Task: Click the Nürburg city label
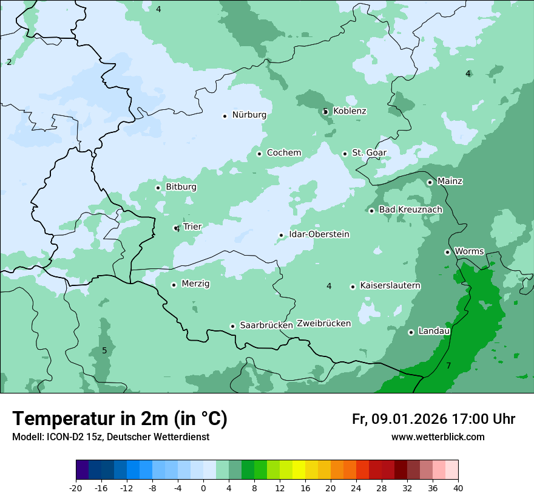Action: [x=249, y=115]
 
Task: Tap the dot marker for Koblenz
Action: [x=326, y=111]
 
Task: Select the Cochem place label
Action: [x=283, y=153]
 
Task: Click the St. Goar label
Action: [x=369, y=153]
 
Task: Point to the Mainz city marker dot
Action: [x=430, y=182]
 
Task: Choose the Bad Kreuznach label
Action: [x=410, y=210]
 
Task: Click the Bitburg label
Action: [x=181, y=187]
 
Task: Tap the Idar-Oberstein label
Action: [x=319, y=234]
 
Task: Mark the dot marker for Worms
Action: [x=447, y=252]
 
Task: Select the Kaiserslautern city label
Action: [x=390, y=286]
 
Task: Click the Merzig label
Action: [x=195, y=284]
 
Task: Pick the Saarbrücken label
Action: [x=266, y=325]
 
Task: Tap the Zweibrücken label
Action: [x=323, y=324]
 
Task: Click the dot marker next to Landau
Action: [x=411, y=332]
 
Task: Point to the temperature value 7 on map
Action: [x=448, y=366]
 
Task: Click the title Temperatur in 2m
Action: [x=120, y=418]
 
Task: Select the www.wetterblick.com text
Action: [x=438, y=437]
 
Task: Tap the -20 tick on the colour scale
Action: [x=76, y=488]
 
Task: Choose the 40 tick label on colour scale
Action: [x=458, y=488]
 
